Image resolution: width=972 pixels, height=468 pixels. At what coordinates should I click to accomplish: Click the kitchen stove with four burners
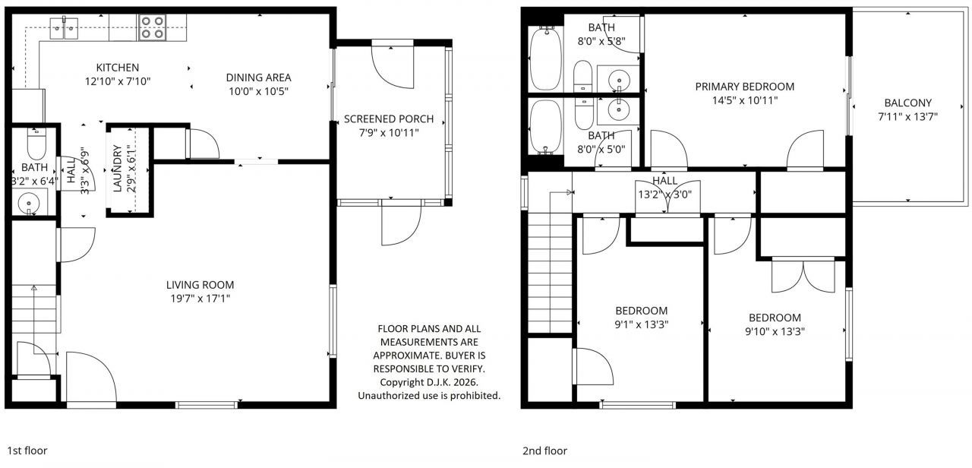click(153, 27)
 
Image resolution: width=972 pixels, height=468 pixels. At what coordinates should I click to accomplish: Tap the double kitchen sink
click(65, 29)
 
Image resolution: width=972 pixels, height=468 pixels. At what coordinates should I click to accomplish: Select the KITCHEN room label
click(117, 68)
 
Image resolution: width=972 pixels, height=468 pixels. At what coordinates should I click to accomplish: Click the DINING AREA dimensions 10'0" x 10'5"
click(258, 90)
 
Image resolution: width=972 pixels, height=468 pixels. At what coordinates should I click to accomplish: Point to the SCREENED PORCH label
click(389, 119)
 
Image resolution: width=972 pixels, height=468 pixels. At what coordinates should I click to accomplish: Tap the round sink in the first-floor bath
click(30, 203)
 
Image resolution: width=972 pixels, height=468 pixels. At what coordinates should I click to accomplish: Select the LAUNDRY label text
click(118, 168)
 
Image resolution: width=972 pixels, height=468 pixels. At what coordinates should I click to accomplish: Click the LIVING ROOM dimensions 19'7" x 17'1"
click(200, 299)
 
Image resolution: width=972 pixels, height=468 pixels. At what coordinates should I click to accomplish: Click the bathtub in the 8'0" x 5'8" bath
click(544, 58)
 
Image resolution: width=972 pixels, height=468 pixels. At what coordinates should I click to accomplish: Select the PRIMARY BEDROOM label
click(744, 87)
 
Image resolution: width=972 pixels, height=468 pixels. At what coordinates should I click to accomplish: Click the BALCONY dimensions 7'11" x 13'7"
click(907, 117)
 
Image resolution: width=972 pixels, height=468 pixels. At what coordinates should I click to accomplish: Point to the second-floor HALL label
click(664, 181)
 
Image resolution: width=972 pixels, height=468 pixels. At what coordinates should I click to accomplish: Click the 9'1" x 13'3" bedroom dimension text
click(641, 324)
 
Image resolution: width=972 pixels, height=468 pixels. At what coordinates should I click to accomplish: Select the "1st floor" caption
click(27, 451)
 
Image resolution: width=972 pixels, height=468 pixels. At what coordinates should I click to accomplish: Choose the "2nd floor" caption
click(544, 451)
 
